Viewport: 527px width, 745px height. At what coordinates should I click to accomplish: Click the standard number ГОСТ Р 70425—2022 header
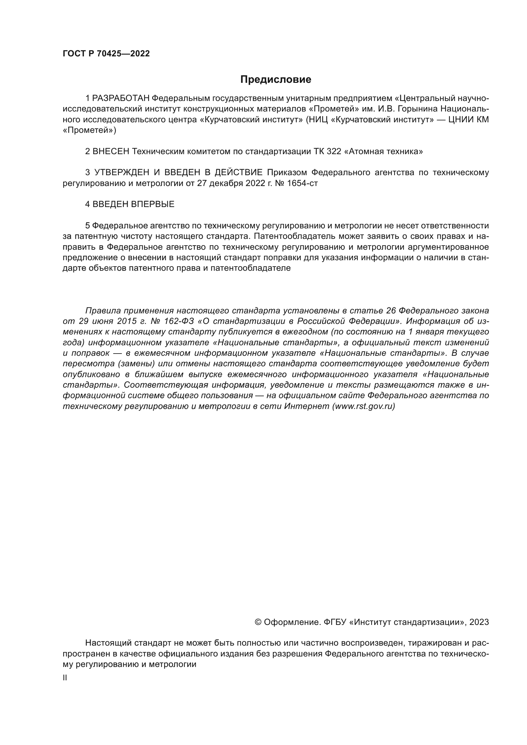(106, 54)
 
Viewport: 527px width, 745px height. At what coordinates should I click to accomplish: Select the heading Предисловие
(276, 80)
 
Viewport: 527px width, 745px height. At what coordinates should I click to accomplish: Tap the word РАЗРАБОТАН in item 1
(121, 98)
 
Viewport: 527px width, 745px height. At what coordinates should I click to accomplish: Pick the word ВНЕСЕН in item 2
(111, 152)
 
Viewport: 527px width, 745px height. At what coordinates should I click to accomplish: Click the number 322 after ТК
(334, 152)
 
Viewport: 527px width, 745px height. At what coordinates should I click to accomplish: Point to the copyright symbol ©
(258, 622)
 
